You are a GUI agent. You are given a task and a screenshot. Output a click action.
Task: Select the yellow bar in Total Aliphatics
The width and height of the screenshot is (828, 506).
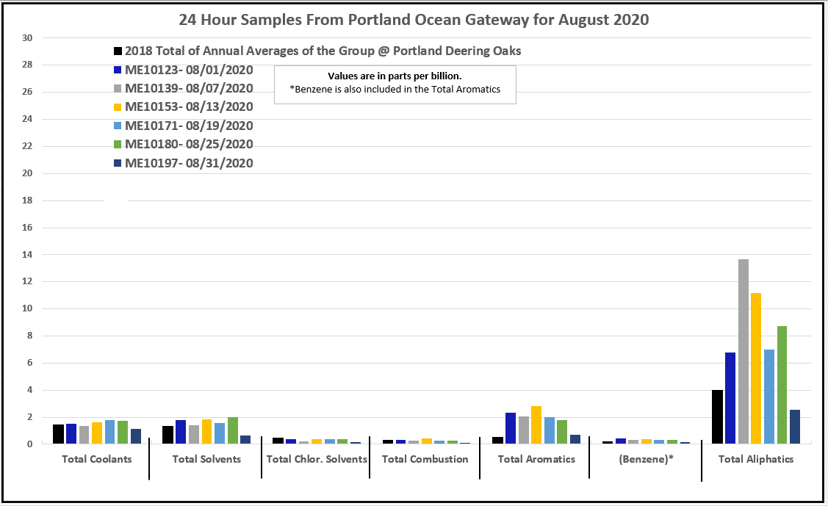coord(756,368)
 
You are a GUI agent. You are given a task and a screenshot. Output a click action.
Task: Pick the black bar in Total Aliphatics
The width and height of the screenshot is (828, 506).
coord(717,416)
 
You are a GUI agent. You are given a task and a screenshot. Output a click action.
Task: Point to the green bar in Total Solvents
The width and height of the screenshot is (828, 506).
coord(233,430)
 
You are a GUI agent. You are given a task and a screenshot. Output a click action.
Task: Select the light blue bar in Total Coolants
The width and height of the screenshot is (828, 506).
coord(109,432)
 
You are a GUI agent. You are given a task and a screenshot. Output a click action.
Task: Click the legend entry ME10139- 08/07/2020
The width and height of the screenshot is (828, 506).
coord(189,88)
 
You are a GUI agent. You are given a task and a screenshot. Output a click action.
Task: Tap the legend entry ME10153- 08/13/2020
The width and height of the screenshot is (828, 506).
coord(189,107)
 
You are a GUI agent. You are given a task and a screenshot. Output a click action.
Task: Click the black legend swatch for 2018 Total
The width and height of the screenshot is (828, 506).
coord(118,51)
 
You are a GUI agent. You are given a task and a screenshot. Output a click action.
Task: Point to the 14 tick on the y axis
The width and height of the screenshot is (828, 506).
coord(29,255)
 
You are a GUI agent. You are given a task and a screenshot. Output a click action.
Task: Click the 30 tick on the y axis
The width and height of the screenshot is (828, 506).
coord(29,38)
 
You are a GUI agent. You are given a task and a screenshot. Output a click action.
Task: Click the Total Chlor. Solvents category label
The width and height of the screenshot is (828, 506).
coord(316,460)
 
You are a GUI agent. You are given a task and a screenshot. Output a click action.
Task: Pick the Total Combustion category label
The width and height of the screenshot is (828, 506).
coord(425,460)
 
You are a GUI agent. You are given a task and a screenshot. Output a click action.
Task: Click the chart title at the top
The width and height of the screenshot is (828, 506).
coord(414,20)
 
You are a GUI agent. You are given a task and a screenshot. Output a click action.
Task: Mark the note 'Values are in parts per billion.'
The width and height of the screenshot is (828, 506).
coord(395,76)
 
